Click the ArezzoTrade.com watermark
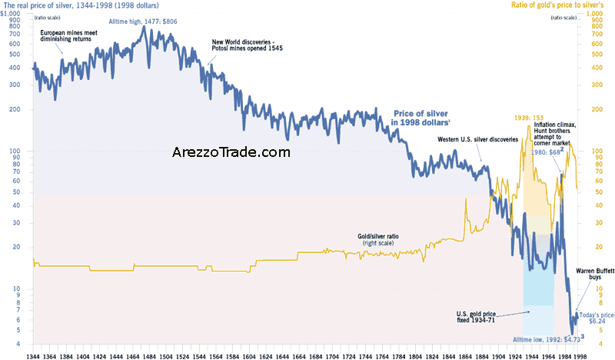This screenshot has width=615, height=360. pos(231,152)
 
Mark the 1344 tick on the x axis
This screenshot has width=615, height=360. pos(34,352)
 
